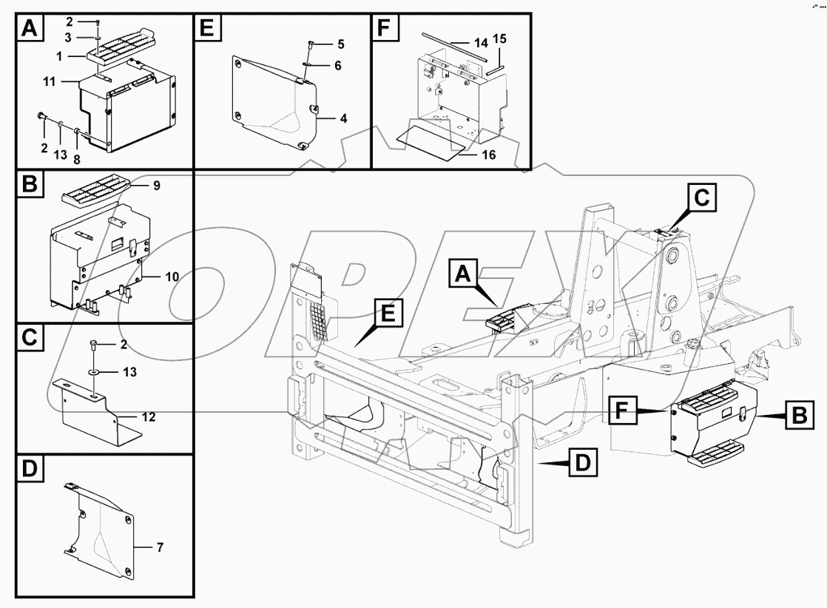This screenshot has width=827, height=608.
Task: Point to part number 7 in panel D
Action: click(x=160, y=548)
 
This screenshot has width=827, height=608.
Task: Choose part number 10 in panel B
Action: click(x=172, y=277)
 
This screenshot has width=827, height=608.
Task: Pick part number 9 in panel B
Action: click(x=157, y=186)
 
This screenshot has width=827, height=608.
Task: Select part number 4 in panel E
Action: click(x=343, y=118)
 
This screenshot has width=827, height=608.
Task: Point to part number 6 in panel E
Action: click(x=337, y=66)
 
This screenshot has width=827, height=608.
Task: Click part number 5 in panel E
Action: click(x=340, y=44)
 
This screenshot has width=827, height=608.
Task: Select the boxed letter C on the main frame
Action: click(x=701, y=198)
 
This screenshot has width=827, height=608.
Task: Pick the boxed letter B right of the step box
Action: click(x=799, y=416)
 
